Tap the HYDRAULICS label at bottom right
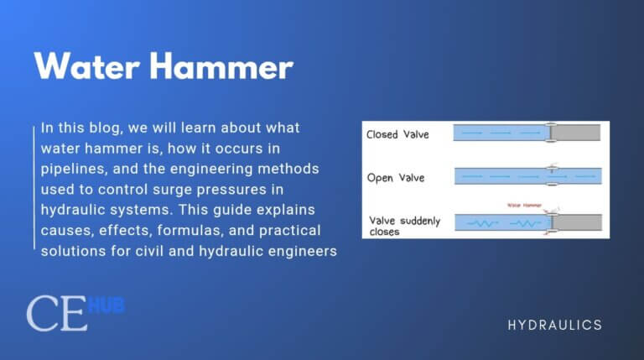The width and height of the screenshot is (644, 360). click(x=554, y=325)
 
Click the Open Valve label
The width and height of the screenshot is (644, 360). click(x=397, y=177)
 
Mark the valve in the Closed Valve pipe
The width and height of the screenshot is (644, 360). click(x=550, y=133)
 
